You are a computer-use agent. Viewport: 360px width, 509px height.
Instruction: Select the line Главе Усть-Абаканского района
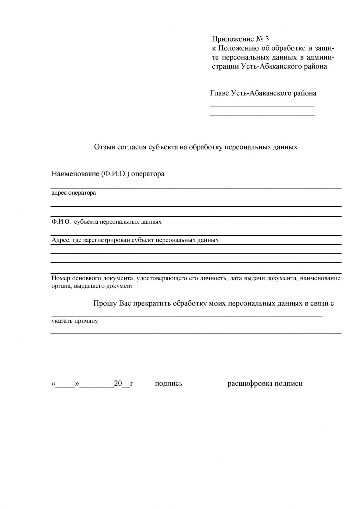263,93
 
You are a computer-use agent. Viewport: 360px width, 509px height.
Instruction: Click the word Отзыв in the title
105,147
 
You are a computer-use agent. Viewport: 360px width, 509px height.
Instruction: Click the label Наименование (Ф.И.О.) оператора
107,174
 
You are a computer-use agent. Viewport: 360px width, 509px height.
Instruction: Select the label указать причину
75,321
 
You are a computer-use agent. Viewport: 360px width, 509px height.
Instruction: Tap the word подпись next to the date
169,384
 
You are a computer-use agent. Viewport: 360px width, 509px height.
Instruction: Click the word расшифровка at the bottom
249,384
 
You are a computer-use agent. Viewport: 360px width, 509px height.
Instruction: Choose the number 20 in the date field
118,384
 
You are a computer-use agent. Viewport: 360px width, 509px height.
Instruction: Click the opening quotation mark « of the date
53,384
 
